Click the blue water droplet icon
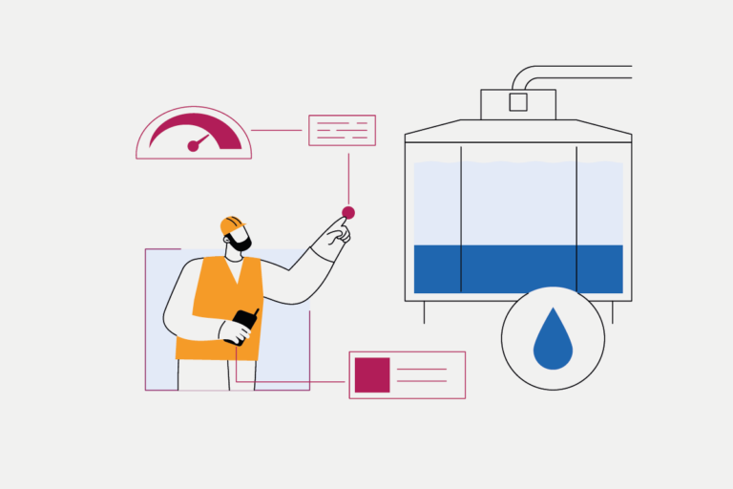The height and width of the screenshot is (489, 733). (x=553, y=342)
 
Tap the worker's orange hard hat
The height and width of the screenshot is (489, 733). (x=231, y=224)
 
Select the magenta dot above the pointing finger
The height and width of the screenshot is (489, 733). (x=348, y=212)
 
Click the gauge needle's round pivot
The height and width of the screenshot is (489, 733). (x=193, y=146)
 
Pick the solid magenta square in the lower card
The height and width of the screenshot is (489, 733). (x=372, y=374)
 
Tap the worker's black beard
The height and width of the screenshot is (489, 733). (x=241, y=244)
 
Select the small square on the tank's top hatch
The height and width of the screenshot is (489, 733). (x=518, y=102)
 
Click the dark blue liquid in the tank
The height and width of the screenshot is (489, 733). (x=518, y=269)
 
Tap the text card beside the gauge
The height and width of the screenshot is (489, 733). (x=342, y=130)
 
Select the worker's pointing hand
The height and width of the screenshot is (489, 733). (x=330, y=235)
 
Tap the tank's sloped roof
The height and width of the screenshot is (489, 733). (x=518, y=130)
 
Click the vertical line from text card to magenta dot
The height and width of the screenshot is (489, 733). (x=348, y=176)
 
